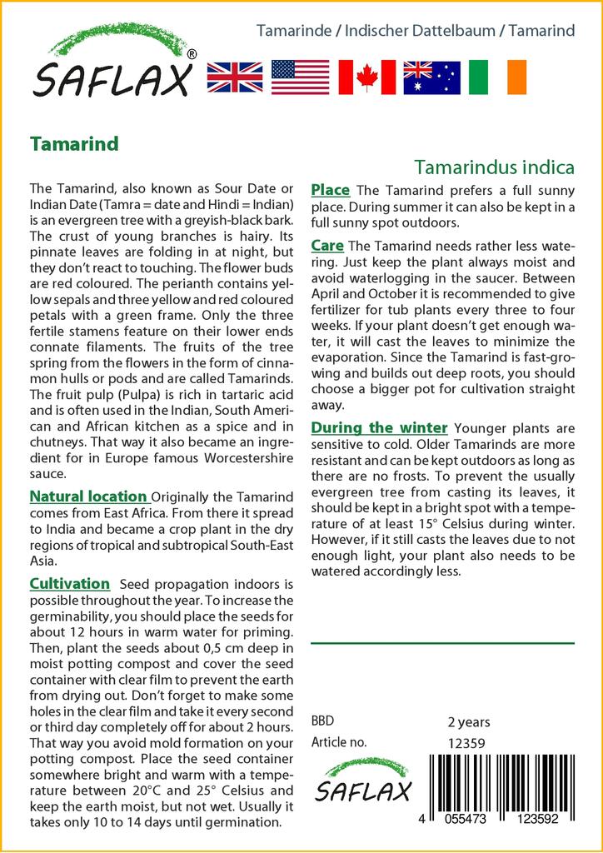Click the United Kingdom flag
pyautogui.click(x=234, y=77)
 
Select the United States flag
pyautogui.click(x=300, y=77)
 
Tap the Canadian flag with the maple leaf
pyautogui.click(x=366, y=77)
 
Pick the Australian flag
pyautogui.click(x=431, y=77)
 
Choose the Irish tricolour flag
pyautogui.click(x=497, y=77)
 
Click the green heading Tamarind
pyautogui.click(x=74, y=143)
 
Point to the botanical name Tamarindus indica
pyautogui.click(x=494, y=167)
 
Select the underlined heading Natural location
pyautogui.click(x=88, y=496)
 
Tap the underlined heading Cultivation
pyautogui.click(x=70, y=584)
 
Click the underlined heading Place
pyautogui.click(x=330, y=191)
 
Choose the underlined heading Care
pyautogui.click(x=327, y=246)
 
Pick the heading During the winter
pyautogui.click(x=379, y=428)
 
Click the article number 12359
pyautogui.click(x=466, y=742)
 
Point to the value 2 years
pyautogui.click(x=469, y=722)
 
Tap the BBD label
pyautogui.click(x=322, y=721)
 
